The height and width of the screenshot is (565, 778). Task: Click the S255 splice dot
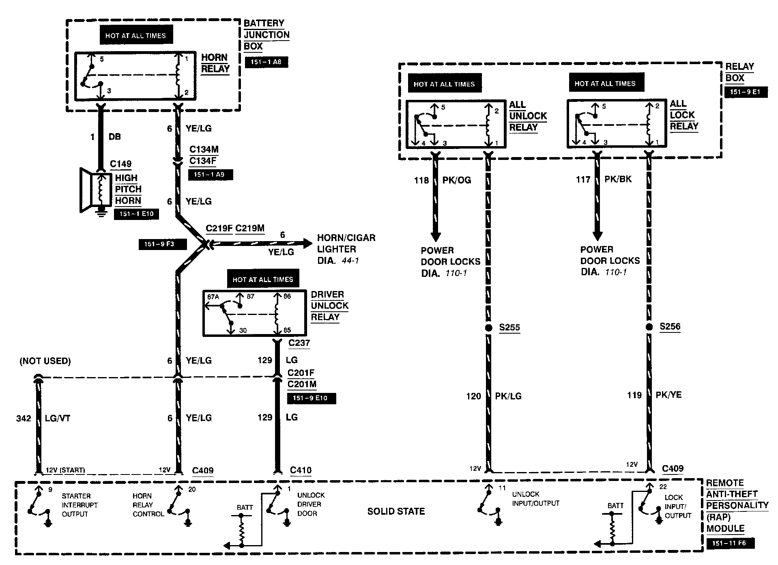[489, 328]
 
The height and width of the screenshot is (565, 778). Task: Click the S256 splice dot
[649, 327]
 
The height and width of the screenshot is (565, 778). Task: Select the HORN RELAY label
[215, 63]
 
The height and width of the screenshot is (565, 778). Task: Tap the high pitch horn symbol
[96, 190]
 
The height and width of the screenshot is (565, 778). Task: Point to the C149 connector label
[121, 164]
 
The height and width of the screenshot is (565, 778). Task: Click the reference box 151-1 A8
[266, 62]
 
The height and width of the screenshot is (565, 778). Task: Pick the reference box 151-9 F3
[162, 244]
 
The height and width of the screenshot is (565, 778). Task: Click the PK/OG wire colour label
[457, 180]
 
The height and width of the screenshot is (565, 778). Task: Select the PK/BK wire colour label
[618, 179]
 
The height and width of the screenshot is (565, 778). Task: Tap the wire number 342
[24, 418]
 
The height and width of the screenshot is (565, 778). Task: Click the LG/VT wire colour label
[58, 418]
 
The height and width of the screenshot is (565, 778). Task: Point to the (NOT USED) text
[45, 361]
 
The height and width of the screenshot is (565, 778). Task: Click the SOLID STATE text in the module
[396, 511]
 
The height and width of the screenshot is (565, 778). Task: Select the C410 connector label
[301, 470]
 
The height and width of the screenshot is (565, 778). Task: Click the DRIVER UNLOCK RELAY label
[329, 306]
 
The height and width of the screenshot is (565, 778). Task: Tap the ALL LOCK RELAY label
[684, 115]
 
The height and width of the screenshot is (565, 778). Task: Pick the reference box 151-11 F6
[730, 543]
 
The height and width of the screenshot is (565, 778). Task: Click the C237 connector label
[299, 343]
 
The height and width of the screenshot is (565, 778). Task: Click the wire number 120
[473, 396]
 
